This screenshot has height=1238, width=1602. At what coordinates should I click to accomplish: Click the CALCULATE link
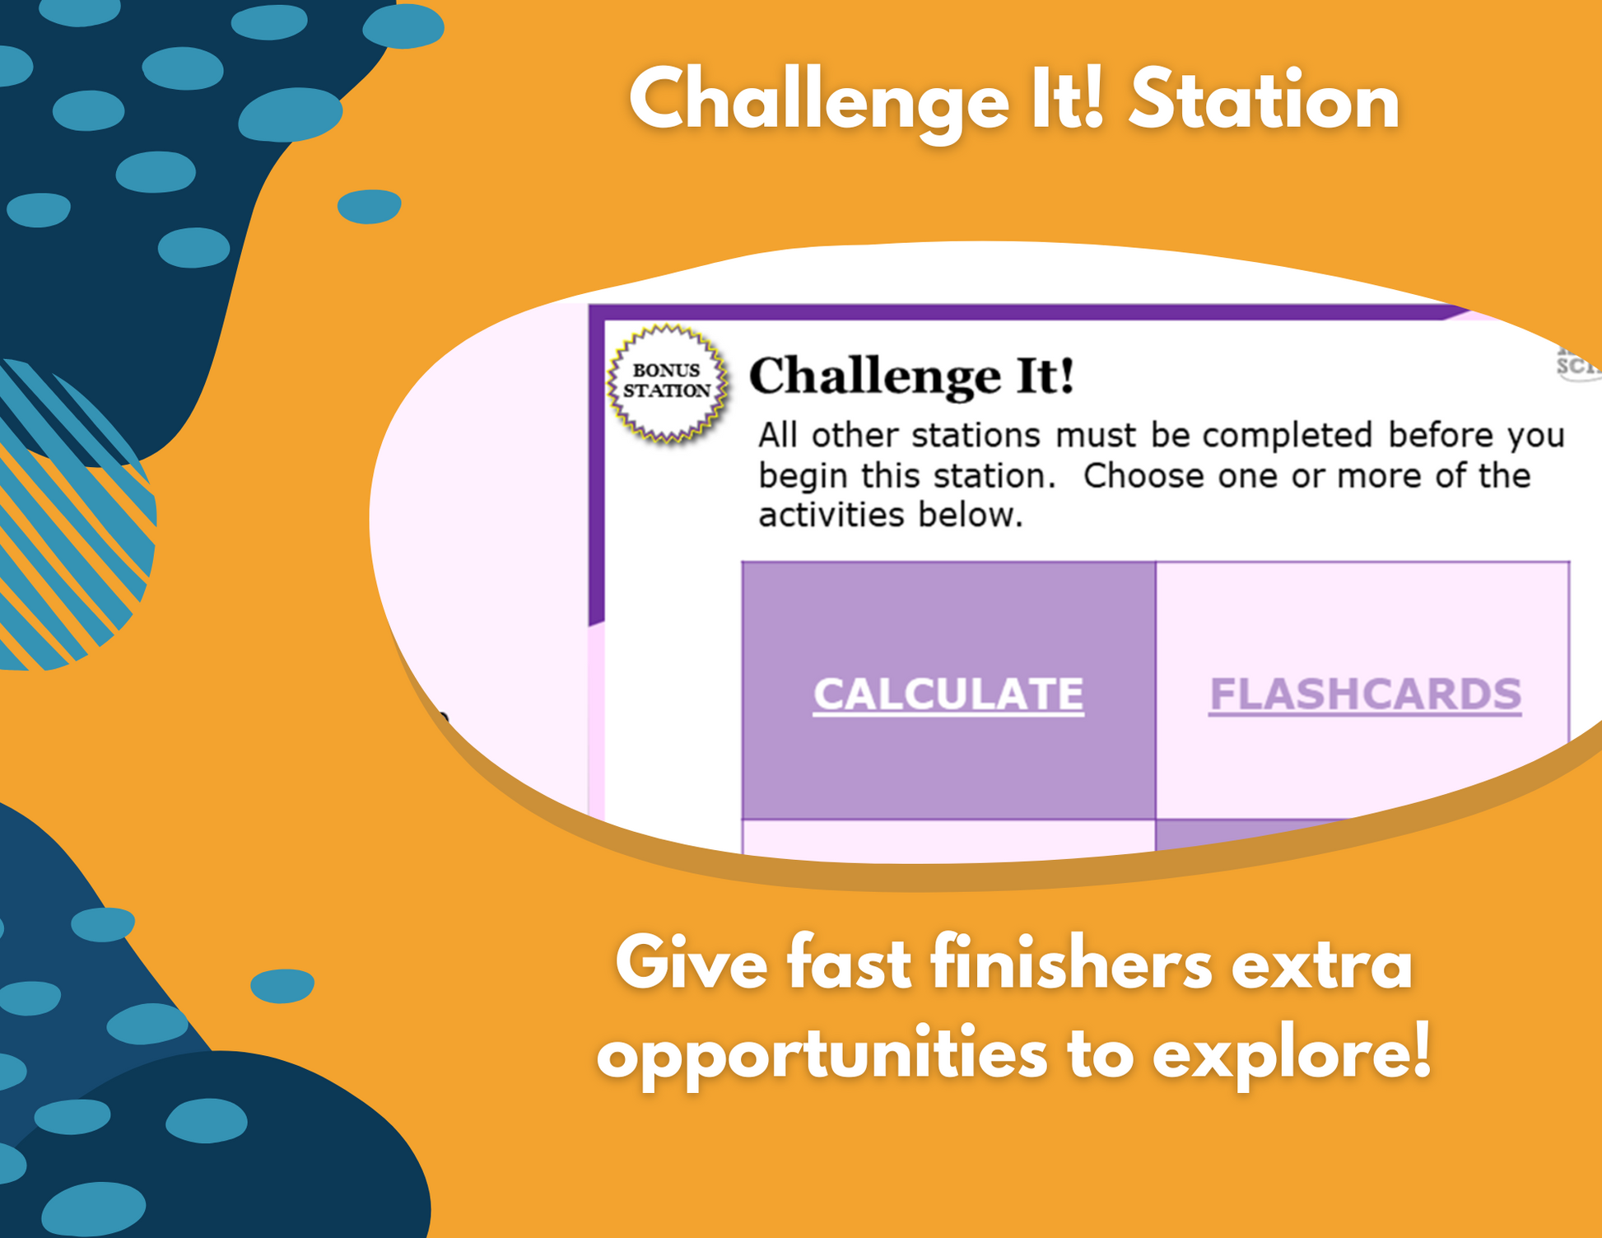point(948,694)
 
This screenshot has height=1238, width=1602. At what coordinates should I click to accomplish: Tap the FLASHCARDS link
point(1365,694)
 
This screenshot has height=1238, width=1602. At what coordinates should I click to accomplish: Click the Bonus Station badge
point(667,383)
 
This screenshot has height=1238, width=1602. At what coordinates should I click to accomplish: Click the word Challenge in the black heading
point(874,377)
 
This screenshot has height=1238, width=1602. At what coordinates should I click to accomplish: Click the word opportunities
point(822,1055)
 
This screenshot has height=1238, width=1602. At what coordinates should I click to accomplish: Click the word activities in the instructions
point(830,516)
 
